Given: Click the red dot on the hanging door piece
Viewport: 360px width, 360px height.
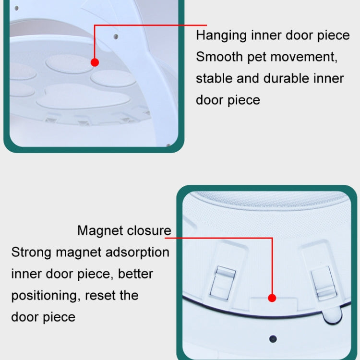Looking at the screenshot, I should [x=95, y=62].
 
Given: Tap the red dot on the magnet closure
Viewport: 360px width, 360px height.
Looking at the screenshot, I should [x=272, y=298].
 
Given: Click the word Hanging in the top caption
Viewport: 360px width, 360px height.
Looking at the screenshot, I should [x=221, y=36].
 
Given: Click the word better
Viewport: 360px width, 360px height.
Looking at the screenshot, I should [x=135, y=274].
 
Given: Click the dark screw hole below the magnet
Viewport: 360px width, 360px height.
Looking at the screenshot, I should [x=273, y=339].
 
